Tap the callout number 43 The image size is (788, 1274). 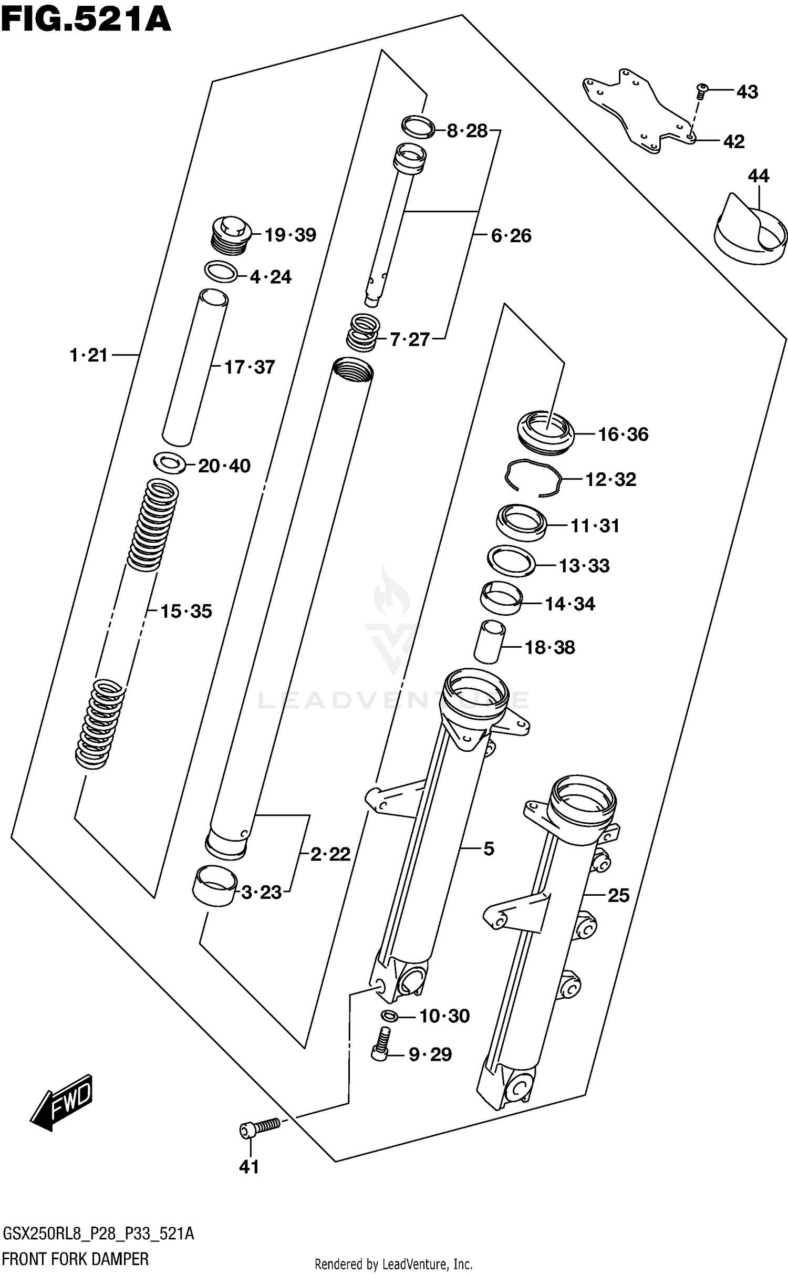(x=747, y=92)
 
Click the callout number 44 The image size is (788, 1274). (x=758, y=176)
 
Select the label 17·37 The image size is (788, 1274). (x=250, y=367)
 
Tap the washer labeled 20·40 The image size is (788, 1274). (x=169, y=463)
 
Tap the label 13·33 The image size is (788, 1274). (x=584, y=566)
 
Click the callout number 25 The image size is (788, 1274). (x=618, y=895)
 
